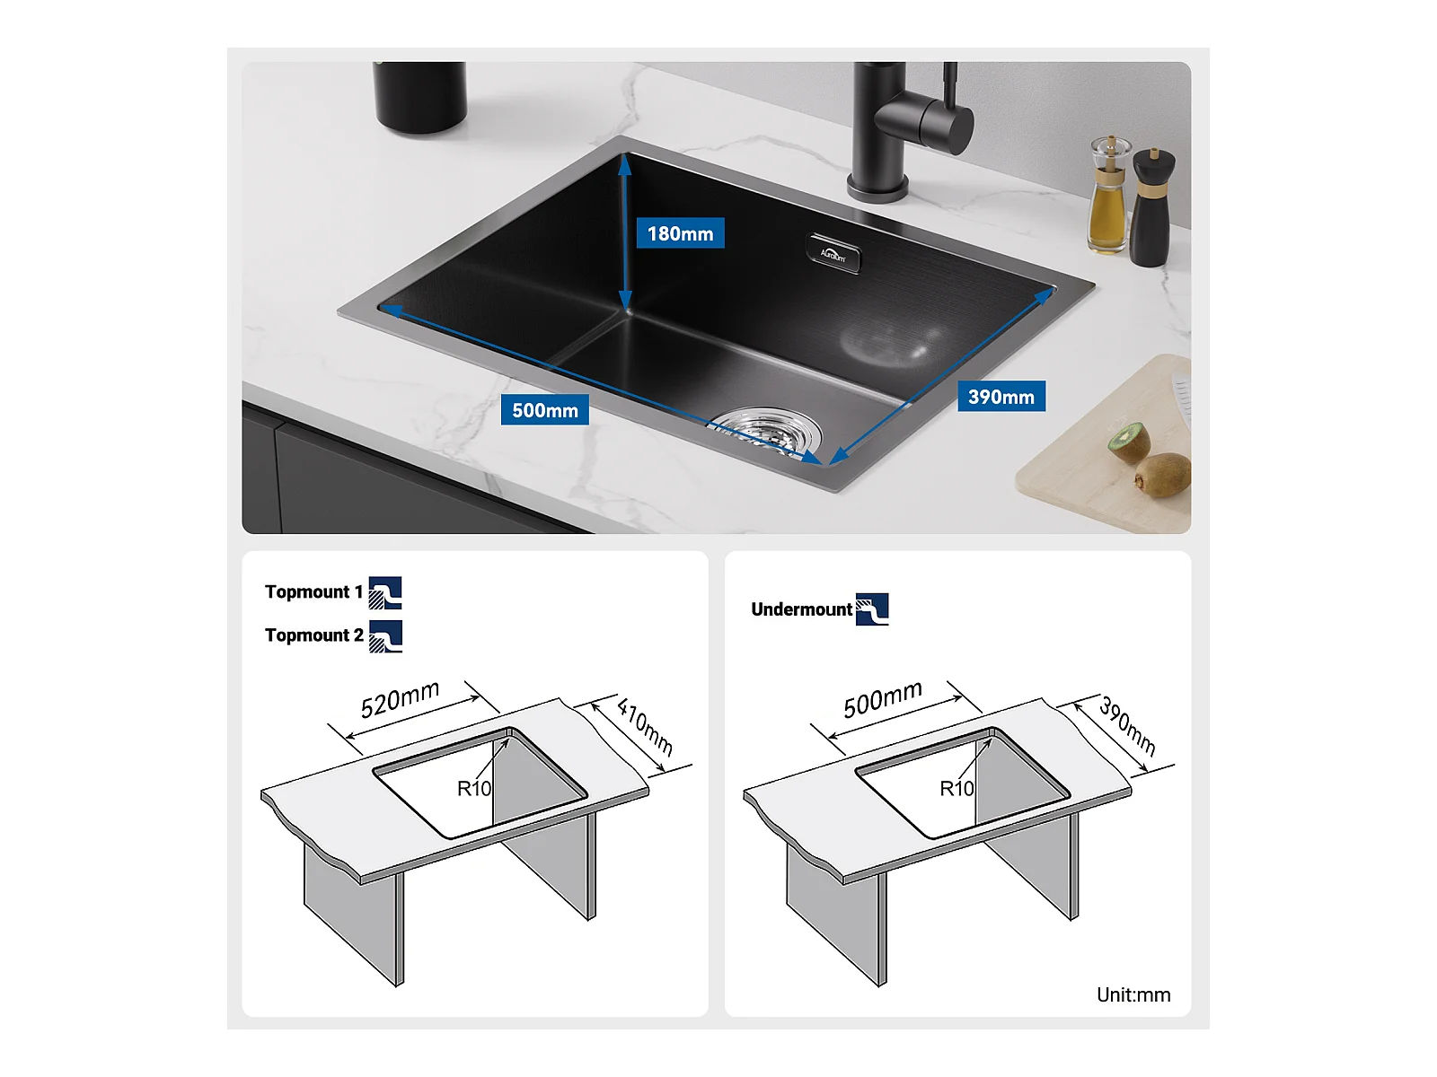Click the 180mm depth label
pos(680,232)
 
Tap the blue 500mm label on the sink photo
pos(544,409)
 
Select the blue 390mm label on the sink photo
pos(1001,397)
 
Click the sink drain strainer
pos(767,431)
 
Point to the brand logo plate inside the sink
pos(833,252)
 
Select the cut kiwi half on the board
pos(1129,442)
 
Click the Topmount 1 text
pos(313,591)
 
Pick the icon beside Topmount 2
pos(385,636)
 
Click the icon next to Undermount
pos(872,609)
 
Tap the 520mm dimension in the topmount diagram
pos(400,698)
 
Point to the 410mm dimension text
pos(645,726)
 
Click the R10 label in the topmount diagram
pos(474,789)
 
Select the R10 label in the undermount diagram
pos(957,789)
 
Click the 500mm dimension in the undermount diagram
pos(883,698)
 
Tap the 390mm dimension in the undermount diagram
pos(1127,725)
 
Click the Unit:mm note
pos(1133,994)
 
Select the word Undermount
pos(801,609)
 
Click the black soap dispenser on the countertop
pos(419,97)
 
